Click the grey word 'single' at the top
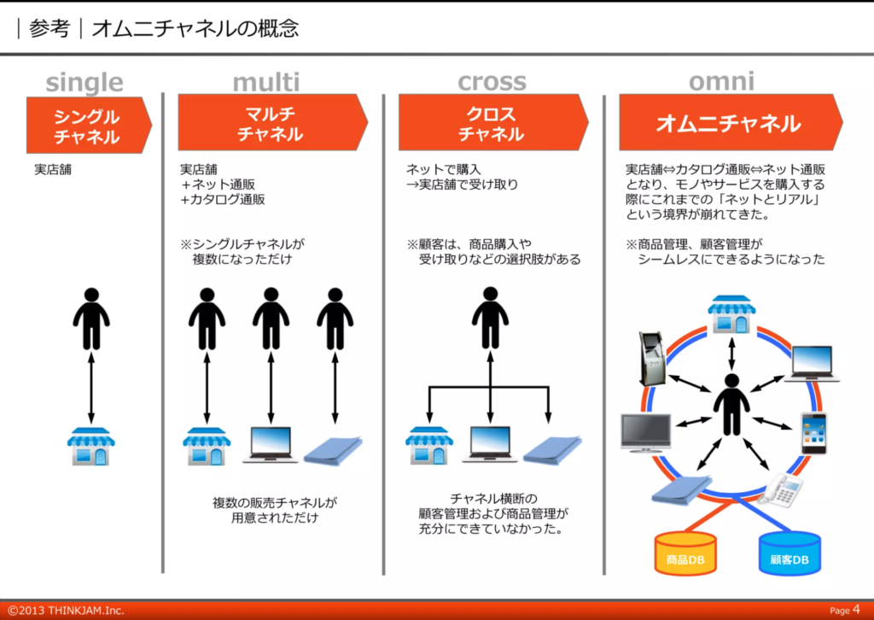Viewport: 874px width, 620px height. (84, 83)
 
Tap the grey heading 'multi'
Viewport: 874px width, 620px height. (266, 82)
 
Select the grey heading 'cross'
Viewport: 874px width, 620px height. (492, 82)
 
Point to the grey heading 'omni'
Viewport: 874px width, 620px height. (721, 81)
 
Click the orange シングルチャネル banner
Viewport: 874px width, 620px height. (88, 125)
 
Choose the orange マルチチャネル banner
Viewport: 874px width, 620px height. (271, 123)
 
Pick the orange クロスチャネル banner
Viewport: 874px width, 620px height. (492, 123)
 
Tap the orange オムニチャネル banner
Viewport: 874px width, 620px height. (728, 123)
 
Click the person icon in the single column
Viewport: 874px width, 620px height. (90, 318)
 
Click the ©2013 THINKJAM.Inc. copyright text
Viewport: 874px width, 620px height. (67, 610)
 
